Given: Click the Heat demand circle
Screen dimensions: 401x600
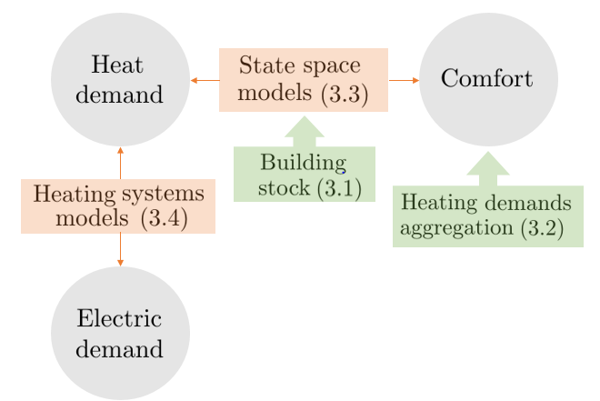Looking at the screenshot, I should tap(120, 79).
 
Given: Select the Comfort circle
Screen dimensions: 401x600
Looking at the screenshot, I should tap(488, 79).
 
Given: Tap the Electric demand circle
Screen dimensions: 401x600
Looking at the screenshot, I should tap(120, 334).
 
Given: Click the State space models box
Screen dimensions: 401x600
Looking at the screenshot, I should tap(304, 80).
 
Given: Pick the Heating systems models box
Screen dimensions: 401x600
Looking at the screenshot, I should tap(118, 206).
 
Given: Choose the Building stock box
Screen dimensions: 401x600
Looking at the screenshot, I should tap(304, 175).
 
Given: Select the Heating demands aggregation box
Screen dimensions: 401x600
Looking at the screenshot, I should tap(487, 216).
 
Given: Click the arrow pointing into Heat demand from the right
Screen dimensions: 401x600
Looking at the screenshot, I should tap(204, 81).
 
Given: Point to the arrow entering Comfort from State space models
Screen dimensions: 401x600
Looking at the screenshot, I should tap(405, 81).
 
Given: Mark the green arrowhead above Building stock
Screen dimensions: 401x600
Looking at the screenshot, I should tap(304, 130).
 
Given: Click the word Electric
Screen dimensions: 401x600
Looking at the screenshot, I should tap(119, 319).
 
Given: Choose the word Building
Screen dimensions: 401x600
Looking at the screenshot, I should tap(303, 164).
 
